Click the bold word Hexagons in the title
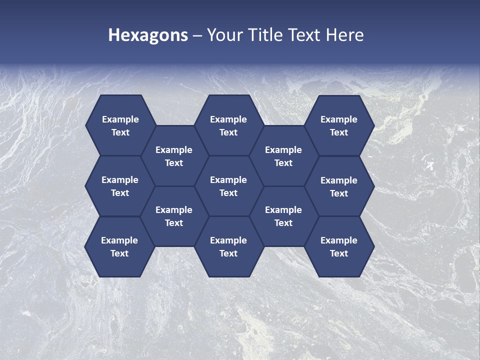click(148, 35)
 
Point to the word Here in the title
click(344, 35)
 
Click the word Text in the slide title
click(304, 35)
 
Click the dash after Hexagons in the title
click(197, 35)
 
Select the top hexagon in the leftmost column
click(120, 125)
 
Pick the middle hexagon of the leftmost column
click(120, 186)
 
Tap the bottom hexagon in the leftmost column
click(119, 246)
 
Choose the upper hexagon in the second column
click(174, 156)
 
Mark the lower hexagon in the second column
click(174, 216)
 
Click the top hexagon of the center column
click(228, 125)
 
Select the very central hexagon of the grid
click(228, 186)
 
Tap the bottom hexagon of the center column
click(228, 246)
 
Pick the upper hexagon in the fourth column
click(283, 156)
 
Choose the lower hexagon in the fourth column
click(283, 216)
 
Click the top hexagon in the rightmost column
click(339, 125)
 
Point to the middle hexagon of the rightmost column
click(339, 186)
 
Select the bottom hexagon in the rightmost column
click(339, 246)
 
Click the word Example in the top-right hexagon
click(339, 119)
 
